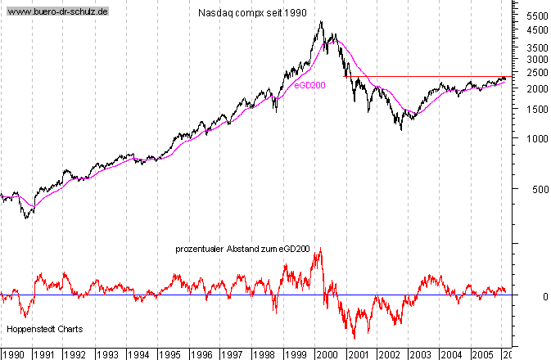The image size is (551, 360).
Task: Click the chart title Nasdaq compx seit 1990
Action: (x=253, y=14)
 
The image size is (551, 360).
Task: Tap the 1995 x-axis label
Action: (x=169, y=354)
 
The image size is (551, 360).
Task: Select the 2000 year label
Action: (x=327, y=354)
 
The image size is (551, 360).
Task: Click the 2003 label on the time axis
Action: (x=421, y=354)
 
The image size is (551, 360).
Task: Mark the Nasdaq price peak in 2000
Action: (x=321, y=22)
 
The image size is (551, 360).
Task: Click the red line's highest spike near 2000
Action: (x=319, y=249)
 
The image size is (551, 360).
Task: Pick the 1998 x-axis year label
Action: (x=264, y=354)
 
